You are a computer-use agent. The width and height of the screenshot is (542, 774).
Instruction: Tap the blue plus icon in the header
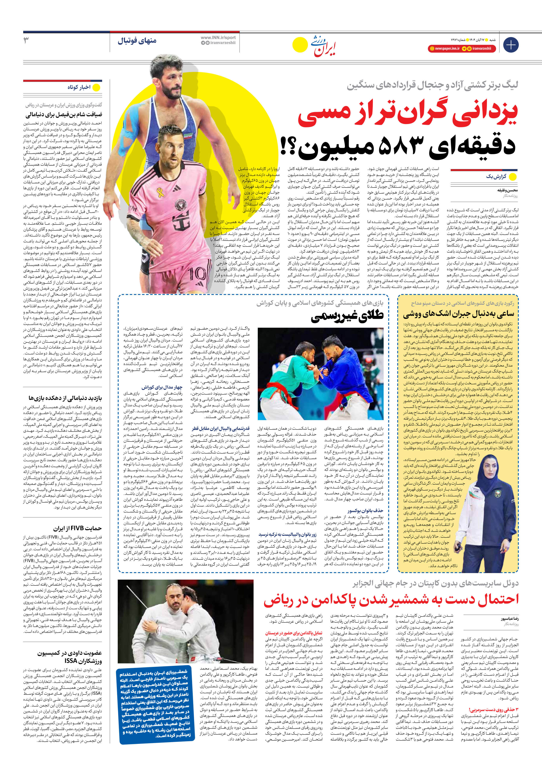511,45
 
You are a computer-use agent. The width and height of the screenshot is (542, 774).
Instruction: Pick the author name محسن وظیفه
508,190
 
